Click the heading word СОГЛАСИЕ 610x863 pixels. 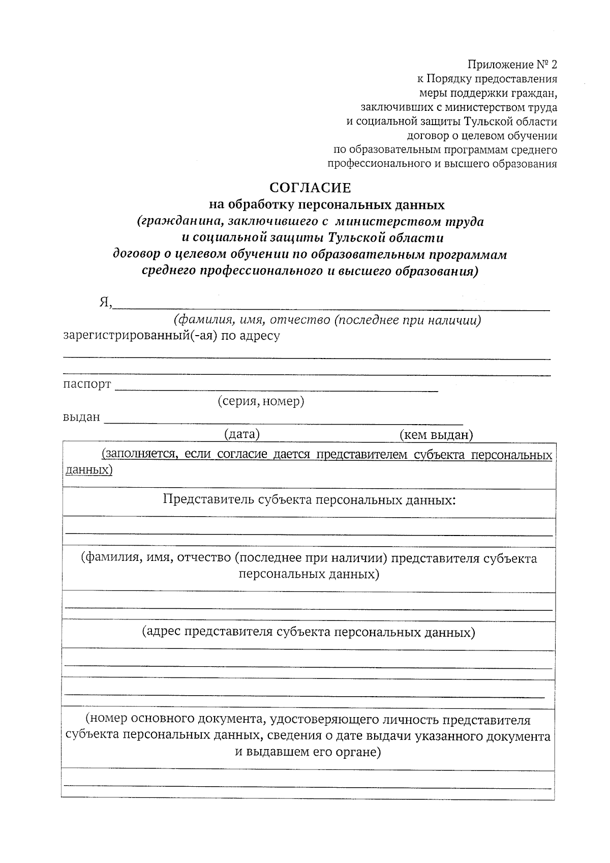[x=310, y=188]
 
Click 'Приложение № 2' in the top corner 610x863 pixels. [x=512, y=65]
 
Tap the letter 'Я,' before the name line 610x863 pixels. [x=105, y=303]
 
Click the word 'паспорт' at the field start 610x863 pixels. [x=87, y=384]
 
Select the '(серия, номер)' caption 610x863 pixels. [x=261, y=401]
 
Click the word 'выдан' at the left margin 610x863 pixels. [x=81, y=418]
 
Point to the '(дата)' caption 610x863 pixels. [x=242, y=434]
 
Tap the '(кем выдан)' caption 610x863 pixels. [x=436, y=435]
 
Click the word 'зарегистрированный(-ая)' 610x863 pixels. [x=141, y=336]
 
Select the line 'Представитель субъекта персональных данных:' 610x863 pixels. [x=309, y=500]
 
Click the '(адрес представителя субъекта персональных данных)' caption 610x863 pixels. [x=309, y=632]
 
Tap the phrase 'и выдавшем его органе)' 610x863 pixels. [x=308, y=752]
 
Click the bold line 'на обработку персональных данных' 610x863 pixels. [x=327, y=205]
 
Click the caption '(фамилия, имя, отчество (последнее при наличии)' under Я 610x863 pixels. [x=327, y=321]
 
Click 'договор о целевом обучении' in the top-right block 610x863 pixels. [x=482, y=136]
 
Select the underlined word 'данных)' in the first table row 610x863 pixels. [x=89, y=469]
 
